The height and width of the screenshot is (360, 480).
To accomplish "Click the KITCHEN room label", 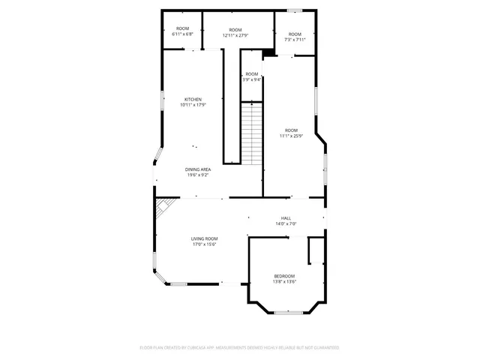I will (x=193, y=99).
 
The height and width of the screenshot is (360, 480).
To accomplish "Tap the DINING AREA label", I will (x=198, y=169).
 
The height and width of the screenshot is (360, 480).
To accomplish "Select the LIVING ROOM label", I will (x=204, y=238).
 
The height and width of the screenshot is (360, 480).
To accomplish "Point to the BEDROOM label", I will (x=283, y=276).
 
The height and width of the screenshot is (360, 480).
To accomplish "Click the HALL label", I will (x=286, y=218).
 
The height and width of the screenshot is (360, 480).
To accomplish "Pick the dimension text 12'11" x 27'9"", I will (x=235, y=35).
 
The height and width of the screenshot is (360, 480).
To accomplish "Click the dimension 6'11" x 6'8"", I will (x=182, y=34).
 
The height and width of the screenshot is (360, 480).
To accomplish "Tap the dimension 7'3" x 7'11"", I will (x=295, y=40).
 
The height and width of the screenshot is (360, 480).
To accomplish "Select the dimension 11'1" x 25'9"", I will (x=290, y=136).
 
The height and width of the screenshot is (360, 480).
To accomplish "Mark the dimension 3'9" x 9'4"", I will (x=252, y=79).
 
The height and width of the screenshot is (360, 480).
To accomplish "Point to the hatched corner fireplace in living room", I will (x=163, y=206).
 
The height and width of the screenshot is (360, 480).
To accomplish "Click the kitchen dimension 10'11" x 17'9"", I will (x=193, y=105).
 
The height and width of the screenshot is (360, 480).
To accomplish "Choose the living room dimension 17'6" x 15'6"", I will (x=204, y=244).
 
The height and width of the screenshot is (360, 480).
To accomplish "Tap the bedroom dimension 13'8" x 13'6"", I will (x=283, y=282).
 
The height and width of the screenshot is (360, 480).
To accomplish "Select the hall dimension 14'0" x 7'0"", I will (x=286, y=224).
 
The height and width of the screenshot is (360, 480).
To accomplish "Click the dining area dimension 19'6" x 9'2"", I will (x=198, y=175).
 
